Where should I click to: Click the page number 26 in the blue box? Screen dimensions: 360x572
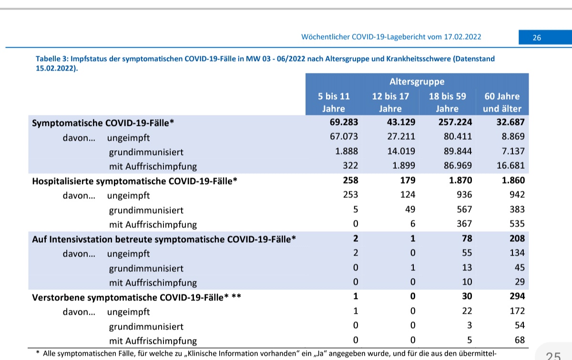(537, 38)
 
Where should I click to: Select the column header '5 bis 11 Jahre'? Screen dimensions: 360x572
(334, 102)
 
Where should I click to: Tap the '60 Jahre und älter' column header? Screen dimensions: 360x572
(502, 102)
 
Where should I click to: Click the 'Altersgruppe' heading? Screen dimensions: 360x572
(417, 82)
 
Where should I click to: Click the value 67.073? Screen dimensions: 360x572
(344, 137)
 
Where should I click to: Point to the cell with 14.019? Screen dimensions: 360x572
(400, 151)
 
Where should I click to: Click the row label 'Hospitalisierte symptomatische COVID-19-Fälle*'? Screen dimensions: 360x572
(134, 181)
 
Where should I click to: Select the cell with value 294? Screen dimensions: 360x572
(516, 296)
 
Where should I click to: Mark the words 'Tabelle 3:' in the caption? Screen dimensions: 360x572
(52, 59)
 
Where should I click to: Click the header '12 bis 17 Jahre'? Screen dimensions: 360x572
(390, 102)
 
